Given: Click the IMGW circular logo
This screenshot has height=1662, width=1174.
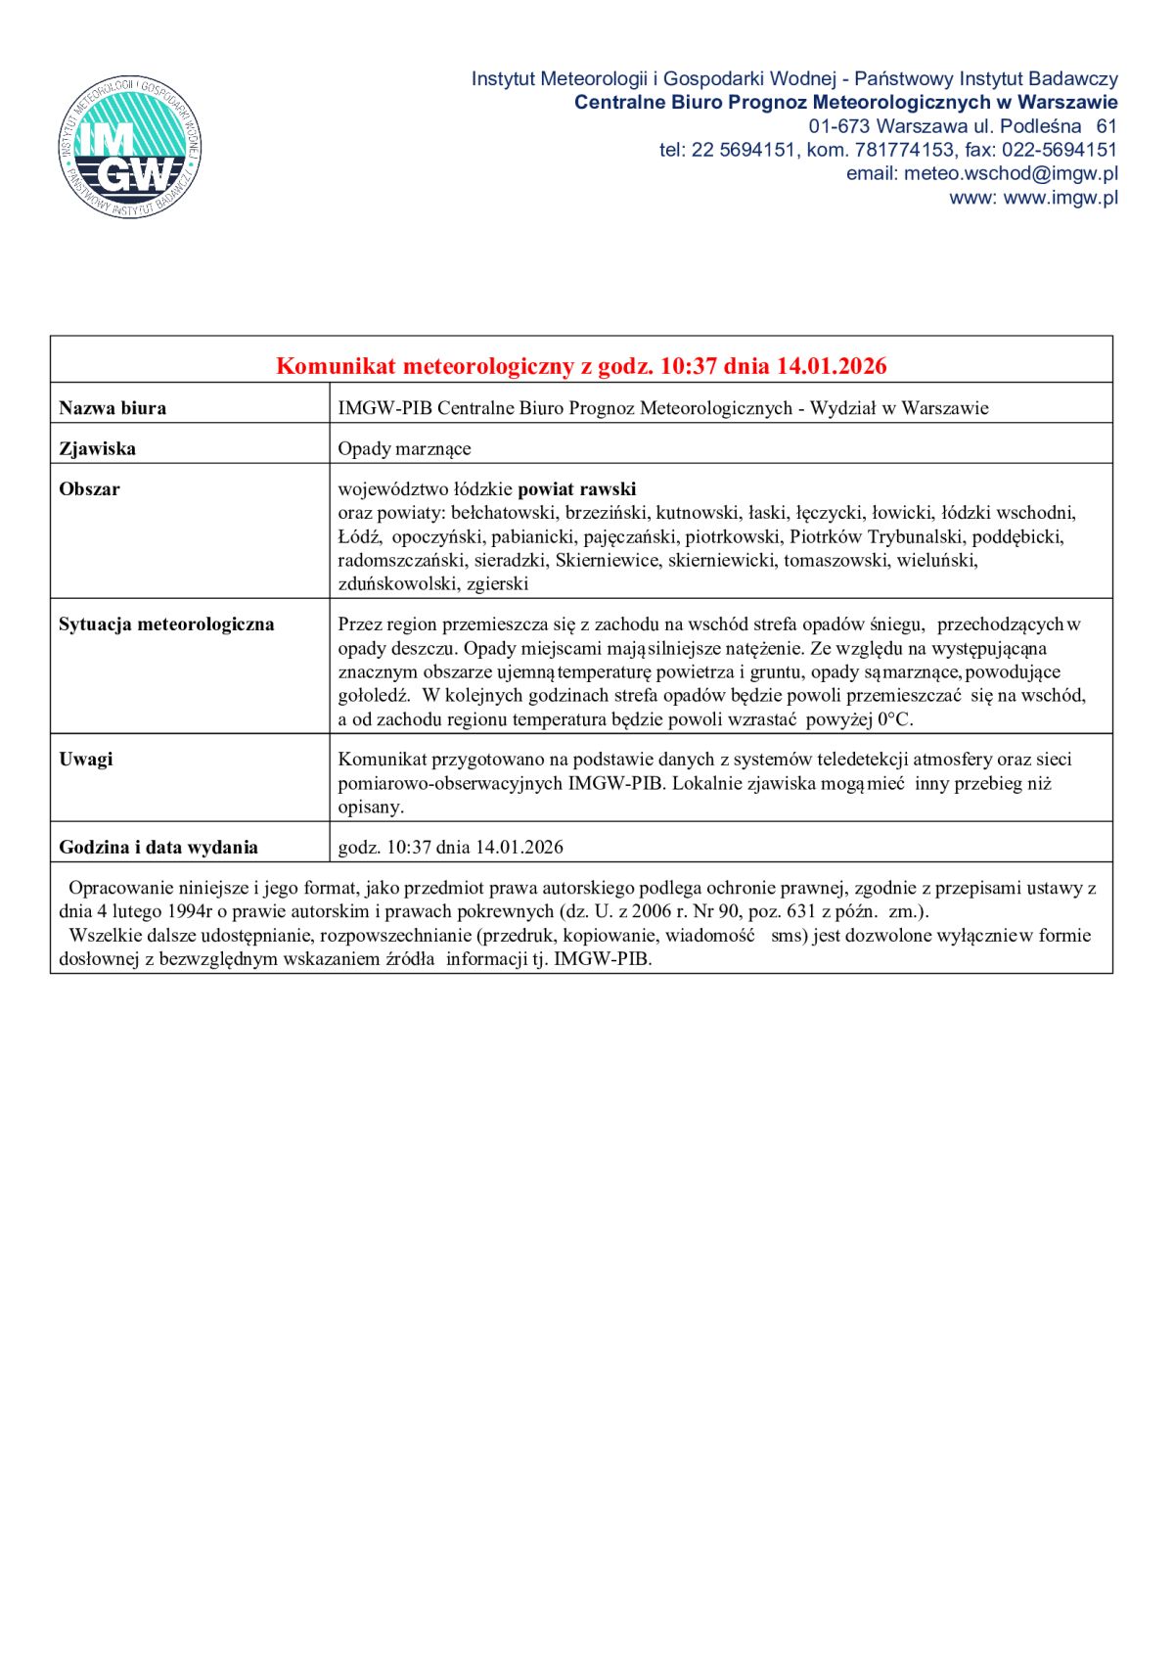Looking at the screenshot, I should click(130, 148).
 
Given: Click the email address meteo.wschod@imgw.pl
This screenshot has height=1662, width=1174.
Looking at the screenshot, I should click(1011, 173).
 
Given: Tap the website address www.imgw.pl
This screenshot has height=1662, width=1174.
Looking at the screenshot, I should click(1061, 197).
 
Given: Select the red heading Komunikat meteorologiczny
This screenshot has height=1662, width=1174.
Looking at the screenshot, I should click(581, 366).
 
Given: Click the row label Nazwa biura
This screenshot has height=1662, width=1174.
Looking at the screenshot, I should click(113, 408).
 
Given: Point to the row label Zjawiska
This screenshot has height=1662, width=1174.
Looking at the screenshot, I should click(98, 449).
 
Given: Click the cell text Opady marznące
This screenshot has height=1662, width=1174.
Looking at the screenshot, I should click(404, 449).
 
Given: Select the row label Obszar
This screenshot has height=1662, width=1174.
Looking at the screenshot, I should click(90, 489).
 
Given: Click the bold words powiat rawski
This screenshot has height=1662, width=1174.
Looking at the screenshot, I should click(576, 489).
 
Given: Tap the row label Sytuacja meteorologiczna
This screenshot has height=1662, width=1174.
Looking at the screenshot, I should click(166, 624).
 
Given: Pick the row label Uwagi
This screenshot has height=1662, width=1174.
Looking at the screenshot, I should click(86, 760).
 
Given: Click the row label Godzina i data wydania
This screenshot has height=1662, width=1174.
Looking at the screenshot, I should click(158, 848).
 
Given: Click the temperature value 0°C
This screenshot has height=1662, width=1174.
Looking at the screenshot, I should click(893, 719).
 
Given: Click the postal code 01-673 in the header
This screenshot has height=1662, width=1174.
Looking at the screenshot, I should click(838, 126).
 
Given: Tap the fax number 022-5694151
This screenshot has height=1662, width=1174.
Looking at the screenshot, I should click(1060, 150).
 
